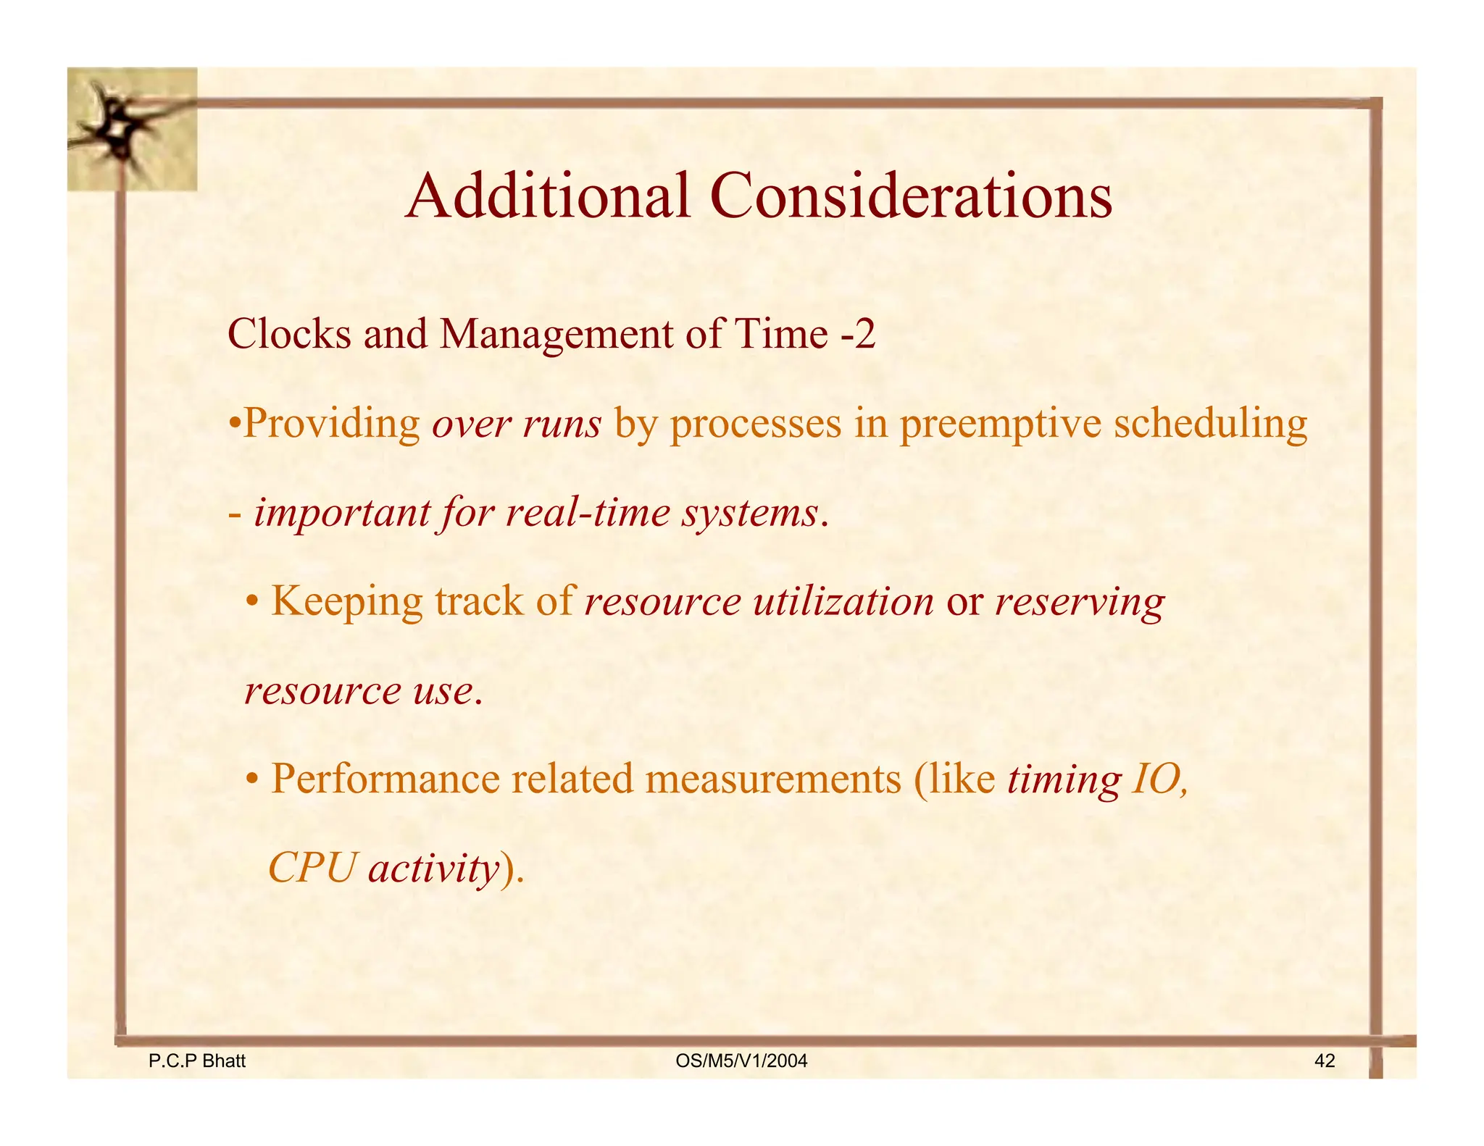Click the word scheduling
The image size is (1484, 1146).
pyautogui.click(x=1210, y=424)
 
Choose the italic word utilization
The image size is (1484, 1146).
pyautogui.click(x=843, y=601)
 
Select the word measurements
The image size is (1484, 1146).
pyautogui.click(x=773, y=779)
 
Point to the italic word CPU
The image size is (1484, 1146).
pyautogui.click(x=312, y=868)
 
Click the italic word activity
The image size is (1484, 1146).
pyautogui.click(x=433, y=868)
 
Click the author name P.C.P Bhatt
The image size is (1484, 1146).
pyautogui.click(x=196, y=1061)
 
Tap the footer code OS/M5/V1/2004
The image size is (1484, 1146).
pyautogui.click(x=741, y=1061)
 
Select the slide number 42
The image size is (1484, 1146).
pyautogui.click(x=1324, y=1061)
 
